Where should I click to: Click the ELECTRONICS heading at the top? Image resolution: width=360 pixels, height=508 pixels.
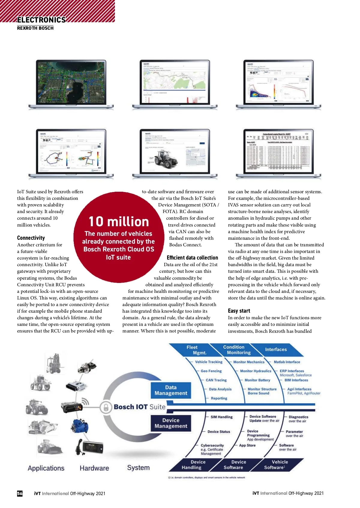click(x=41, y=20)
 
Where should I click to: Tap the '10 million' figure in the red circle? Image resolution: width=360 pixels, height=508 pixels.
click(x=119, y=222)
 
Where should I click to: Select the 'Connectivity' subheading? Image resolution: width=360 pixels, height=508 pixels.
click(x=31, y=238)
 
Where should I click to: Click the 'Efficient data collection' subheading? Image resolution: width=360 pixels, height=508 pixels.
click(x=192, y=257)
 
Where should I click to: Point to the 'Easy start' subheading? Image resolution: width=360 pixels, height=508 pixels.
click(x=239, y=311)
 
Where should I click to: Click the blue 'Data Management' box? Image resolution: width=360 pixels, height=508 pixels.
click(x=171, y=390)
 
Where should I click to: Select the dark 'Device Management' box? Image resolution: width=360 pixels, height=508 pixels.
click(x=171, y=423)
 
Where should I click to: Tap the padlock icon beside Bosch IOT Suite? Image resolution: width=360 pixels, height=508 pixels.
click(x=106, y=407)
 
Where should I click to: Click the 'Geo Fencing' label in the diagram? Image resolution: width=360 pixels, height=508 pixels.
click(x=211, y=371)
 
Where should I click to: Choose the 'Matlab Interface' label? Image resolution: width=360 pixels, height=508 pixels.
click(x=287, y=362)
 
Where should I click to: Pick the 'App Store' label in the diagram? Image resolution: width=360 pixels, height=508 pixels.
click(x=247, y=445)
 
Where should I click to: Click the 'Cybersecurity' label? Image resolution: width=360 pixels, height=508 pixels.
click(x=212, y=445)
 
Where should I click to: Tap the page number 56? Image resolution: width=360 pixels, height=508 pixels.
click(x=20, y=493)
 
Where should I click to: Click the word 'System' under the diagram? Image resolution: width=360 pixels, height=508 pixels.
click(x=138, y=467)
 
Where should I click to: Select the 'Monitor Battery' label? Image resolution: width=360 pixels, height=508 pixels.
click(x=257, y=380)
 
